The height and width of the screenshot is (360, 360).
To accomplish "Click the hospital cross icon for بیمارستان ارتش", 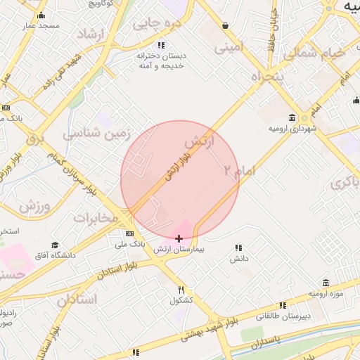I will coord(179,239).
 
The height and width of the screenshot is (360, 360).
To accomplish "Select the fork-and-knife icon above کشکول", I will coord(181,290).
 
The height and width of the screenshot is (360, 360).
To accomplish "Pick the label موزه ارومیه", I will coord(326,292).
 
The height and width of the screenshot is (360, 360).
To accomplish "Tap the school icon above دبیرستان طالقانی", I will coord(283,305).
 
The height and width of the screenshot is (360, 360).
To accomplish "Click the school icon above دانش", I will coord(238,248).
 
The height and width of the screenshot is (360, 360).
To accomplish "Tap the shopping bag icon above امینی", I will coord(225,26).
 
